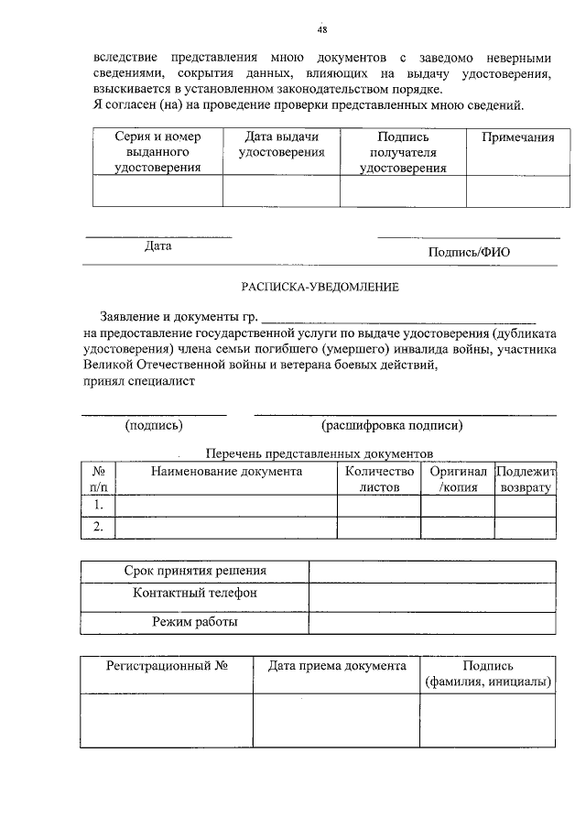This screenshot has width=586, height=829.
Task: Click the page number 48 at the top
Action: click(x=322, y=29)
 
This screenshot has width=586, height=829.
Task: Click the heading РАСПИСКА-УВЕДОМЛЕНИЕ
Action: click(x=320, y=287)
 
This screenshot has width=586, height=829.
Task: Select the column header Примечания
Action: click(x=511, y=137)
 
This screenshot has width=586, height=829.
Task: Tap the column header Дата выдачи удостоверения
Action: click(x=282, y=145)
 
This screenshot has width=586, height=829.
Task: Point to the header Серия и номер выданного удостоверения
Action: click(x=157, y=152)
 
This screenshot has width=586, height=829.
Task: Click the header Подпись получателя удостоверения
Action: click(x=403, y=152)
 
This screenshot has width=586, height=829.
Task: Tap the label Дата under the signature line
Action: click(x=157, y=245)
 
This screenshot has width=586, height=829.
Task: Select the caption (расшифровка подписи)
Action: click(x=392, y=425)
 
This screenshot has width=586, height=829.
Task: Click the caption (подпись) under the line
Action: click(x=154, y=425)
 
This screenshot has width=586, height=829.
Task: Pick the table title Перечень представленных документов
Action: click(x=319, y=453)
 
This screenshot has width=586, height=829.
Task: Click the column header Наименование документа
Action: click(x=226, y=471)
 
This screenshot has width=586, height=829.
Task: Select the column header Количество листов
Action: click(x=379, y=479)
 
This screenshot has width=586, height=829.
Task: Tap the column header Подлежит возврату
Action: click(x=526, y=479)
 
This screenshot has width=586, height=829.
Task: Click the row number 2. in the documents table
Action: click(x=98, y=527)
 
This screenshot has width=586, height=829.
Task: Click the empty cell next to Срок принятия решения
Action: click(x=432, y=572)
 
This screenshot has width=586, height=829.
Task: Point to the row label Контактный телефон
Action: click(x=195, y=594)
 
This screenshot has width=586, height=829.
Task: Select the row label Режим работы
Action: click(x=195, y=623)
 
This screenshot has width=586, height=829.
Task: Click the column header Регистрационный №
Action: click(x=166, y=667)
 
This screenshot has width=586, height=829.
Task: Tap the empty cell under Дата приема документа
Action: click(x=337, y=722)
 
